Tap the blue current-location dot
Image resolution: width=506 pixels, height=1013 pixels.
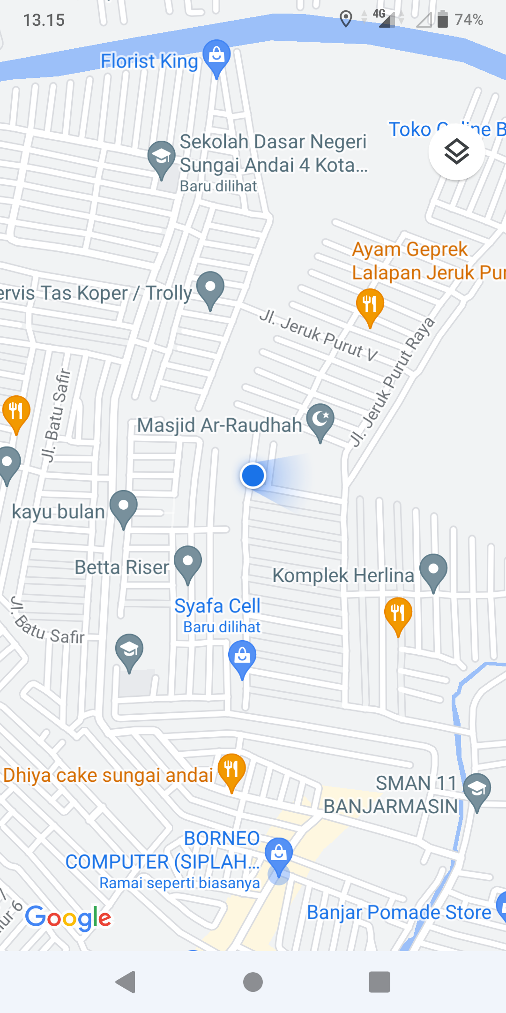253,476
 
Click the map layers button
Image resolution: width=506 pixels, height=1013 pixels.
456,152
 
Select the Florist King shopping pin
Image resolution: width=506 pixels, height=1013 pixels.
216,56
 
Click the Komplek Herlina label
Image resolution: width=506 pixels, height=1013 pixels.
343,575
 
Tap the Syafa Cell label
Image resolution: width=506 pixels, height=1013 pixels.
217,606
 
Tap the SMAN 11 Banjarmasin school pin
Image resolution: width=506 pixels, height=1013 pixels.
477,789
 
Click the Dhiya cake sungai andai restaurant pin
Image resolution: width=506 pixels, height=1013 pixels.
231,770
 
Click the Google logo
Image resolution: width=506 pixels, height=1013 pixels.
68,917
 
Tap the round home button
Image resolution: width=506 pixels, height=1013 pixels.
253,982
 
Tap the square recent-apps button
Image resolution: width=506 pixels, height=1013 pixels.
379,982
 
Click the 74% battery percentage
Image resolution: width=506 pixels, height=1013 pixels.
469,20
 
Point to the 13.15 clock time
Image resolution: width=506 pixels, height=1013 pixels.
44,20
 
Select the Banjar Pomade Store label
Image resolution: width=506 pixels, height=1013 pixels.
399,913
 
